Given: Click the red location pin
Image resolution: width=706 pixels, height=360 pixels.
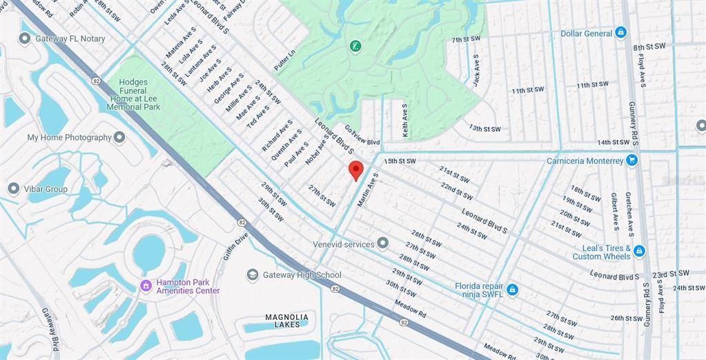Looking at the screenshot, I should tap(355, 170).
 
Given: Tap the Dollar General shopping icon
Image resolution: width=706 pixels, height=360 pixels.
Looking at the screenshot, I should tap(620, 32).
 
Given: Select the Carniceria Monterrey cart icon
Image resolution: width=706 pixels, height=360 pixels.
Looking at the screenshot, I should tap(631, 160).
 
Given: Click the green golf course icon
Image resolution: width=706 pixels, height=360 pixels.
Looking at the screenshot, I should tap(355, 46).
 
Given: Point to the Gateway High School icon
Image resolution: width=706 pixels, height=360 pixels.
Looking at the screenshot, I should tap(253, 274).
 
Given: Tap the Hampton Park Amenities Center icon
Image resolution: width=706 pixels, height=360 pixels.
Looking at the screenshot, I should tap(146, 286).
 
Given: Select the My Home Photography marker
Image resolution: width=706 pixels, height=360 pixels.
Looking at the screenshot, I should tap(120, 137).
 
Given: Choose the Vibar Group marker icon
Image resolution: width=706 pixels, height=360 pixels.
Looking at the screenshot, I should tap(13, 188).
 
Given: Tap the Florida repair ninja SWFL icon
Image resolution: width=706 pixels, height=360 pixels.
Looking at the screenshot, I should tap(512, 290).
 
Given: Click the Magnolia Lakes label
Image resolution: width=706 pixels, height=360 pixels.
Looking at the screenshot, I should tap(287, 321).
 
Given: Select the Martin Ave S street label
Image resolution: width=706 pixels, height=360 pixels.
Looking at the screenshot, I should tap(368, 190).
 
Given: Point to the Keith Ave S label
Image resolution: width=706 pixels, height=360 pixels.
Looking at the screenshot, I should tap(405, 120).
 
